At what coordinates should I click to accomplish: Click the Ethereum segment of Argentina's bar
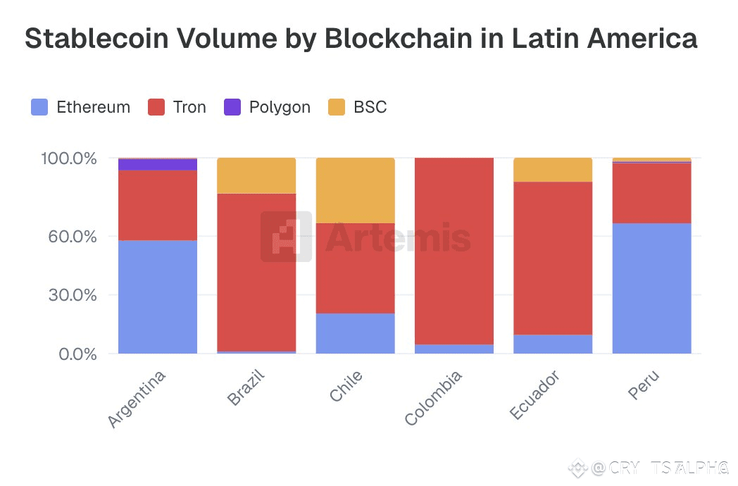[x=158, y=297]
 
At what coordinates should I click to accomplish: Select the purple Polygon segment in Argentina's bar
[x=158, y=164]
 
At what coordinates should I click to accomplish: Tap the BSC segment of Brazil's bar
[x=256, y=175]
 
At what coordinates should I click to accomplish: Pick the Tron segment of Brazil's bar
[x=256, y=272]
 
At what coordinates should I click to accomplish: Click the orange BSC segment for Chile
[x=355, y=190]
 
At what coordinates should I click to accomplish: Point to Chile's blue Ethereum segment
[x=355, y=333]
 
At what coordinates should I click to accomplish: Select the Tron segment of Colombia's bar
[x=454, y=251]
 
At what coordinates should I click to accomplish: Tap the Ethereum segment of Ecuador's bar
[x=553, y=344]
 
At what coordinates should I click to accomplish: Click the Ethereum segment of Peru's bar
[x=651, y=288]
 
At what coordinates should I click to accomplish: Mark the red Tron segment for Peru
[x=651, y=193]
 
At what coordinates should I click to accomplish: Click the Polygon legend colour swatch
[x=232, y=107]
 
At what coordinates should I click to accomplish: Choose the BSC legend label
[x=370, y=107]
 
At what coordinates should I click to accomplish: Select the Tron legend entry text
[x=189, y=107]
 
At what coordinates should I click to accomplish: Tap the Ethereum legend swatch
[x=40, y=107]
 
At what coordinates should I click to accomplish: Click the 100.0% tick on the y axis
[x=69, y=158]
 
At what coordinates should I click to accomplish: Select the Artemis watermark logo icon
[x=286, y=237]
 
